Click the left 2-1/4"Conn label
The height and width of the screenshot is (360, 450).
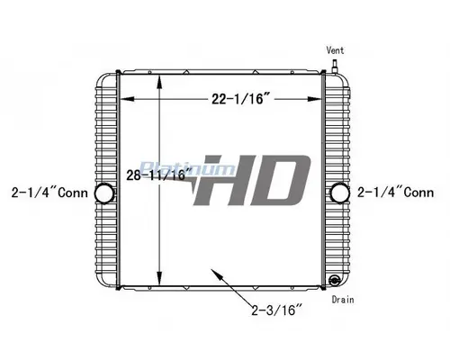click(46, 192)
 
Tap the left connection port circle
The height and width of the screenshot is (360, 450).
click(103, 193)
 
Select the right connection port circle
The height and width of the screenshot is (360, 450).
click(340, 193)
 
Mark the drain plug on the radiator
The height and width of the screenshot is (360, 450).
click(335, 280)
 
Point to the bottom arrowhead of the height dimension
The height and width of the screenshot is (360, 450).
click(160, 281)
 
